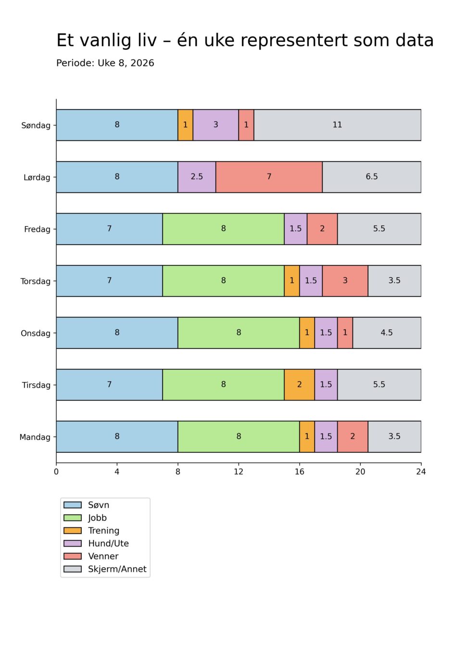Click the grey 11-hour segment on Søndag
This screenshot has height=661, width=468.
pyautogui.click(x=337, y=125)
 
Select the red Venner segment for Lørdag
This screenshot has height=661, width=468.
pyautogui.click(x=269, y=177)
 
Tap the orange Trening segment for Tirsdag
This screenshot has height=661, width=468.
pyautogui.click(x=299, y=385)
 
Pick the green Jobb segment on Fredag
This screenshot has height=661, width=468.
pyautogui.click(x=223, y=229)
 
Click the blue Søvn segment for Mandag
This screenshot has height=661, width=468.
pyautogui.click(x=117, y=437)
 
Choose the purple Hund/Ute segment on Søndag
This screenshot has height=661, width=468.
pyautogui.click(x=215, y=125)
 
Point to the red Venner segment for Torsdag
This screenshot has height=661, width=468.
pyautogui.click(x=345, y=281)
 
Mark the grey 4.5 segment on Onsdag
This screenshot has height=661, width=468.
pyautogui.click(x=387, y=333)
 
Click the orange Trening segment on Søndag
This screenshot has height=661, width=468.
pyautogui.click(x=185, y=125)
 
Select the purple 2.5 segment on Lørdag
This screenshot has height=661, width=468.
pyautogui.click(x=197, y=177)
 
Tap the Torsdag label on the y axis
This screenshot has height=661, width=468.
pyautogui.click(x=35, y=281)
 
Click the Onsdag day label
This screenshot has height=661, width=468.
pyautogui.click(x=35, y=333)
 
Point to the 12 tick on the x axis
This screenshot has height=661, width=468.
pyautogui.click(x=239, y=472)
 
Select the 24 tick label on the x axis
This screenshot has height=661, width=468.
pyautogui.click(x=421, y=472)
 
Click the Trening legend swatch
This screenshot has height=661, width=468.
pyautogui.click(x=73, y=531)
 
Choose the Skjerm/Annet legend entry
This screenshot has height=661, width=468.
pyautogui.click(x=117, y=569)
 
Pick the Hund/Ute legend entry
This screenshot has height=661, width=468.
pyautogui.click(x=108, y=544)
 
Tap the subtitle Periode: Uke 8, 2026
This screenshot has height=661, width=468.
pyautogui.click(x=105, y=63)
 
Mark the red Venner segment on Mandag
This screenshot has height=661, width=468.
pyautogui.click(x=353, y=437)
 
